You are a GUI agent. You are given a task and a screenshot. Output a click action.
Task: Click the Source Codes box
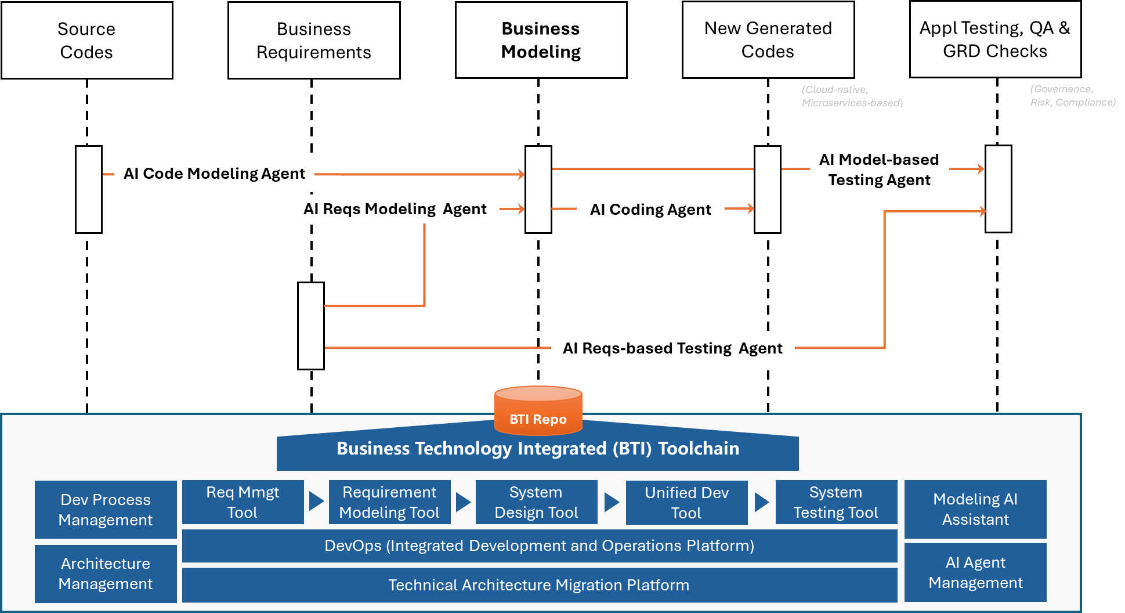[x=87, y=40]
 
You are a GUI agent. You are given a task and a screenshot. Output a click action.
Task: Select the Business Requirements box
[x=314, y=40]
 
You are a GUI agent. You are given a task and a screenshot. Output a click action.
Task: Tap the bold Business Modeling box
[x=541, y=40]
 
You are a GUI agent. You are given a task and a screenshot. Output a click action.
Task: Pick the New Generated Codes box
[x=768, y=39]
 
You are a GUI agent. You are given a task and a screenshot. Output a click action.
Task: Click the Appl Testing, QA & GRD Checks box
[x=995, y=39]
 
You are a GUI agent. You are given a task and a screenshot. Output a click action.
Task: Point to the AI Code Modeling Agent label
[x=214, y=173]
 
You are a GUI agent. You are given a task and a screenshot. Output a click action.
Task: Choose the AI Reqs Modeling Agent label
[x=395, y=209]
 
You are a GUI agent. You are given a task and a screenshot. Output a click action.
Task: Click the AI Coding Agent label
[x=650, y=210]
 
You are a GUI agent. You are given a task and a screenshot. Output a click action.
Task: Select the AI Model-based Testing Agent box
[x=879, y=170]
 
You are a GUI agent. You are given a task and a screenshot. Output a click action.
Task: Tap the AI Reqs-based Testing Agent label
[x=672, y=348]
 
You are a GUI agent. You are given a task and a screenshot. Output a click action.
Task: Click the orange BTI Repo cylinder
[x=538, y=411]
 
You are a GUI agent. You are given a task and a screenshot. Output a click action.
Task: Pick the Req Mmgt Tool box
[x=243, y=502]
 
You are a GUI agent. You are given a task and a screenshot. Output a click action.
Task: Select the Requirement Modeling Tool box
[x=389, y=502]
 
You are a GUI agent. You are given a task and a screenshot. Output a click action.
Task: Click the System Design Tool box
[x=536, y=502]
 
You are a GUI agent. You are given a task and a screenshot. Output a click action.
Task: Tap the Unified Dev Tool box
[x=686, y=503]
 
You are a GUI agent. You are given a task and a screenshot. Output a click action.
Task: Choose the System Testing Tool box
[x=835, y=502]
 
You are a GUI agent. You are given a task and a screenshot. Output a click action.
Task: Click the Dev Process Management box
[x=106, y=510]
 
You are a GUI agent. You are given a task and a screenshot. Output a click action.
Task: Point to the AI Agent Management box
[x=975, y=572]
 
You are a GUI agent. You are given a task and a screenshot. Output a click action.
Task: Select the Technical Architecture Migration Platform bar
[x=539, y=585]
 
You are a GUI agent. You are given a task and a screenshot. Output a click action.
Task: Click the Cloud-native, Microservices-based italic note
[x=852, y=96]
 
